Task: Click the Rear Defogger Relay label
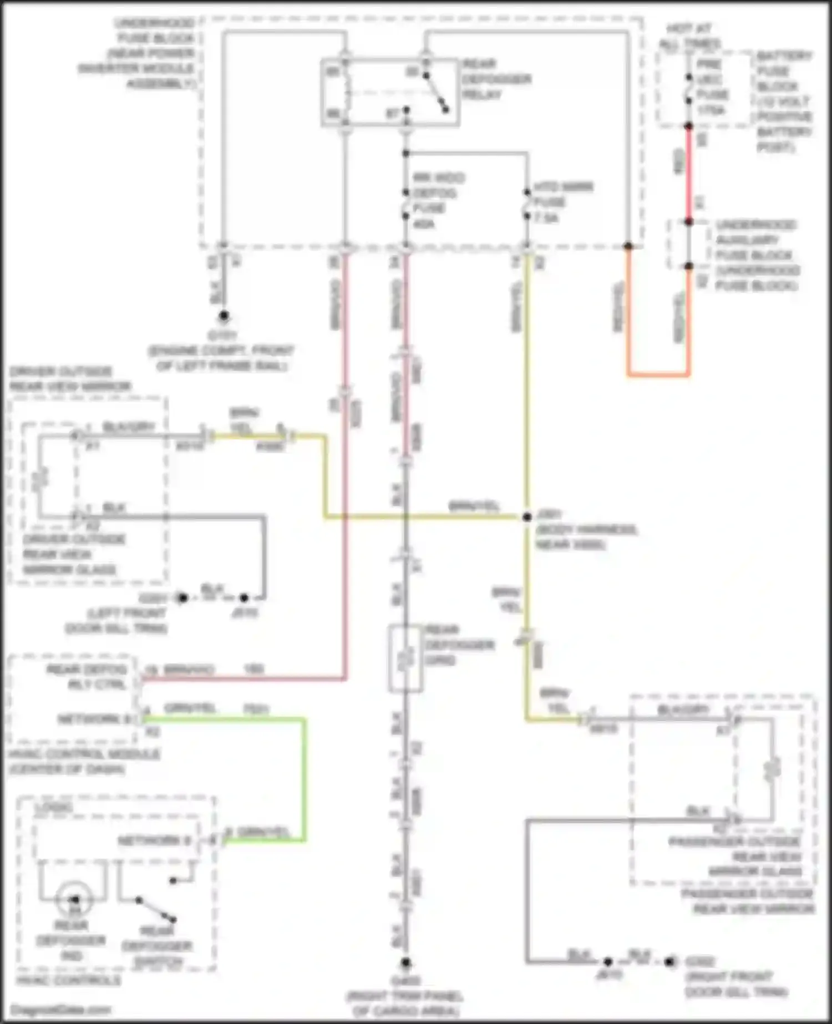pos(496,79)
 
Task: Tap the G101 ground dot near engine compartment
pos(224,316)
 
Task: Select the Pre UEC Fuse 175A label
pos(711,87)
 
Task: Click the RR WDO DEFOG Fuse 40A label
pos(438,201)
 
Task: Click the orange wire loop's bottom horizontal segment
pos(658,375)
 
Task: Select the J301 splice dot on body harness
pos(527,517)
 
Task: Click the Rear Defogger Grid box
pos(405,659)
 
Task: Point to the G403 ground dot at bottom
pos(405,962)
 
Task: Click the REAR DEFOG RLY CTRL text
pos(87,677)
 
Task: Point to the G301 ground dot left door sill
pos(182,598)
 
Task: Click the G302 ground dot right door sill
pos(669,961)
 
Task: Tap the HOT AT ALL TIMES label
pos(689,36)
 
